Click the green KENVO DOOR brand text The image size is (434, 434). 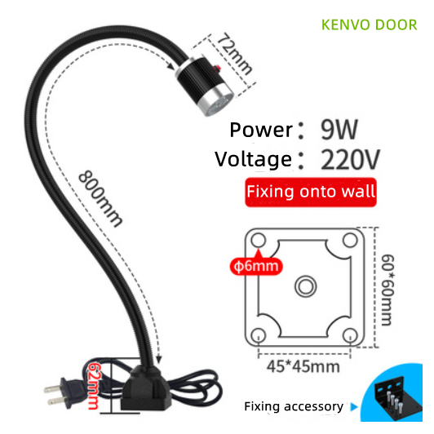point(369,25)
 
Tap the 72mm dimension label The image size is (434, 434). point(234,54)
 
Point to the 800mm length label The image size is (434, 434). point(100,199)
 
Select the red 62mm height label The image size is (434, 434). point(94,386)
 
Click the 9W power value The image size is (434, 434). point(339,129)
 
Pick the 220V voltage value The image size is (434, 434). point(350,159)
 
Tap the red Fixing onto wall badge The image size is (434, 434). point(311,192)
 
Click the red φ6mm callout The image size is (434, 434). point(256,266)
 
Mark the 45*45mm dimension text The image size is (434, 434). point(303,367)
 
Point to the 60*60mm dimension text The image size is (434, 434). point(387,290)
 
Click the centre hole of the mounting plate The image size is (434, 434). point(306,286)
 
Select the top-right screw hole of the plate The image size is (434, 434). point(350,240)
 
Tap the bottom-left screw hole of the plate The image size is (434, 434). point(259,335)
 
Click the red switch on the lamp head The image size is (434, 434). point(218,67)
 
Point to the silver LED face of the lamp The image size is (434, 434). point(219,104)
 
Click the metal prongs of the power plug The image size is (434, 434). point(55,394)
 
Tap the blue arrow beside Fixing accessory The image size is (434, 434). point(354,407)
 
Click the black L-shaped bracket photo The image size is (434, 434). point(397,398)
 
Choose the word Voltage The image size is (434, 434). point(253,160)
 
